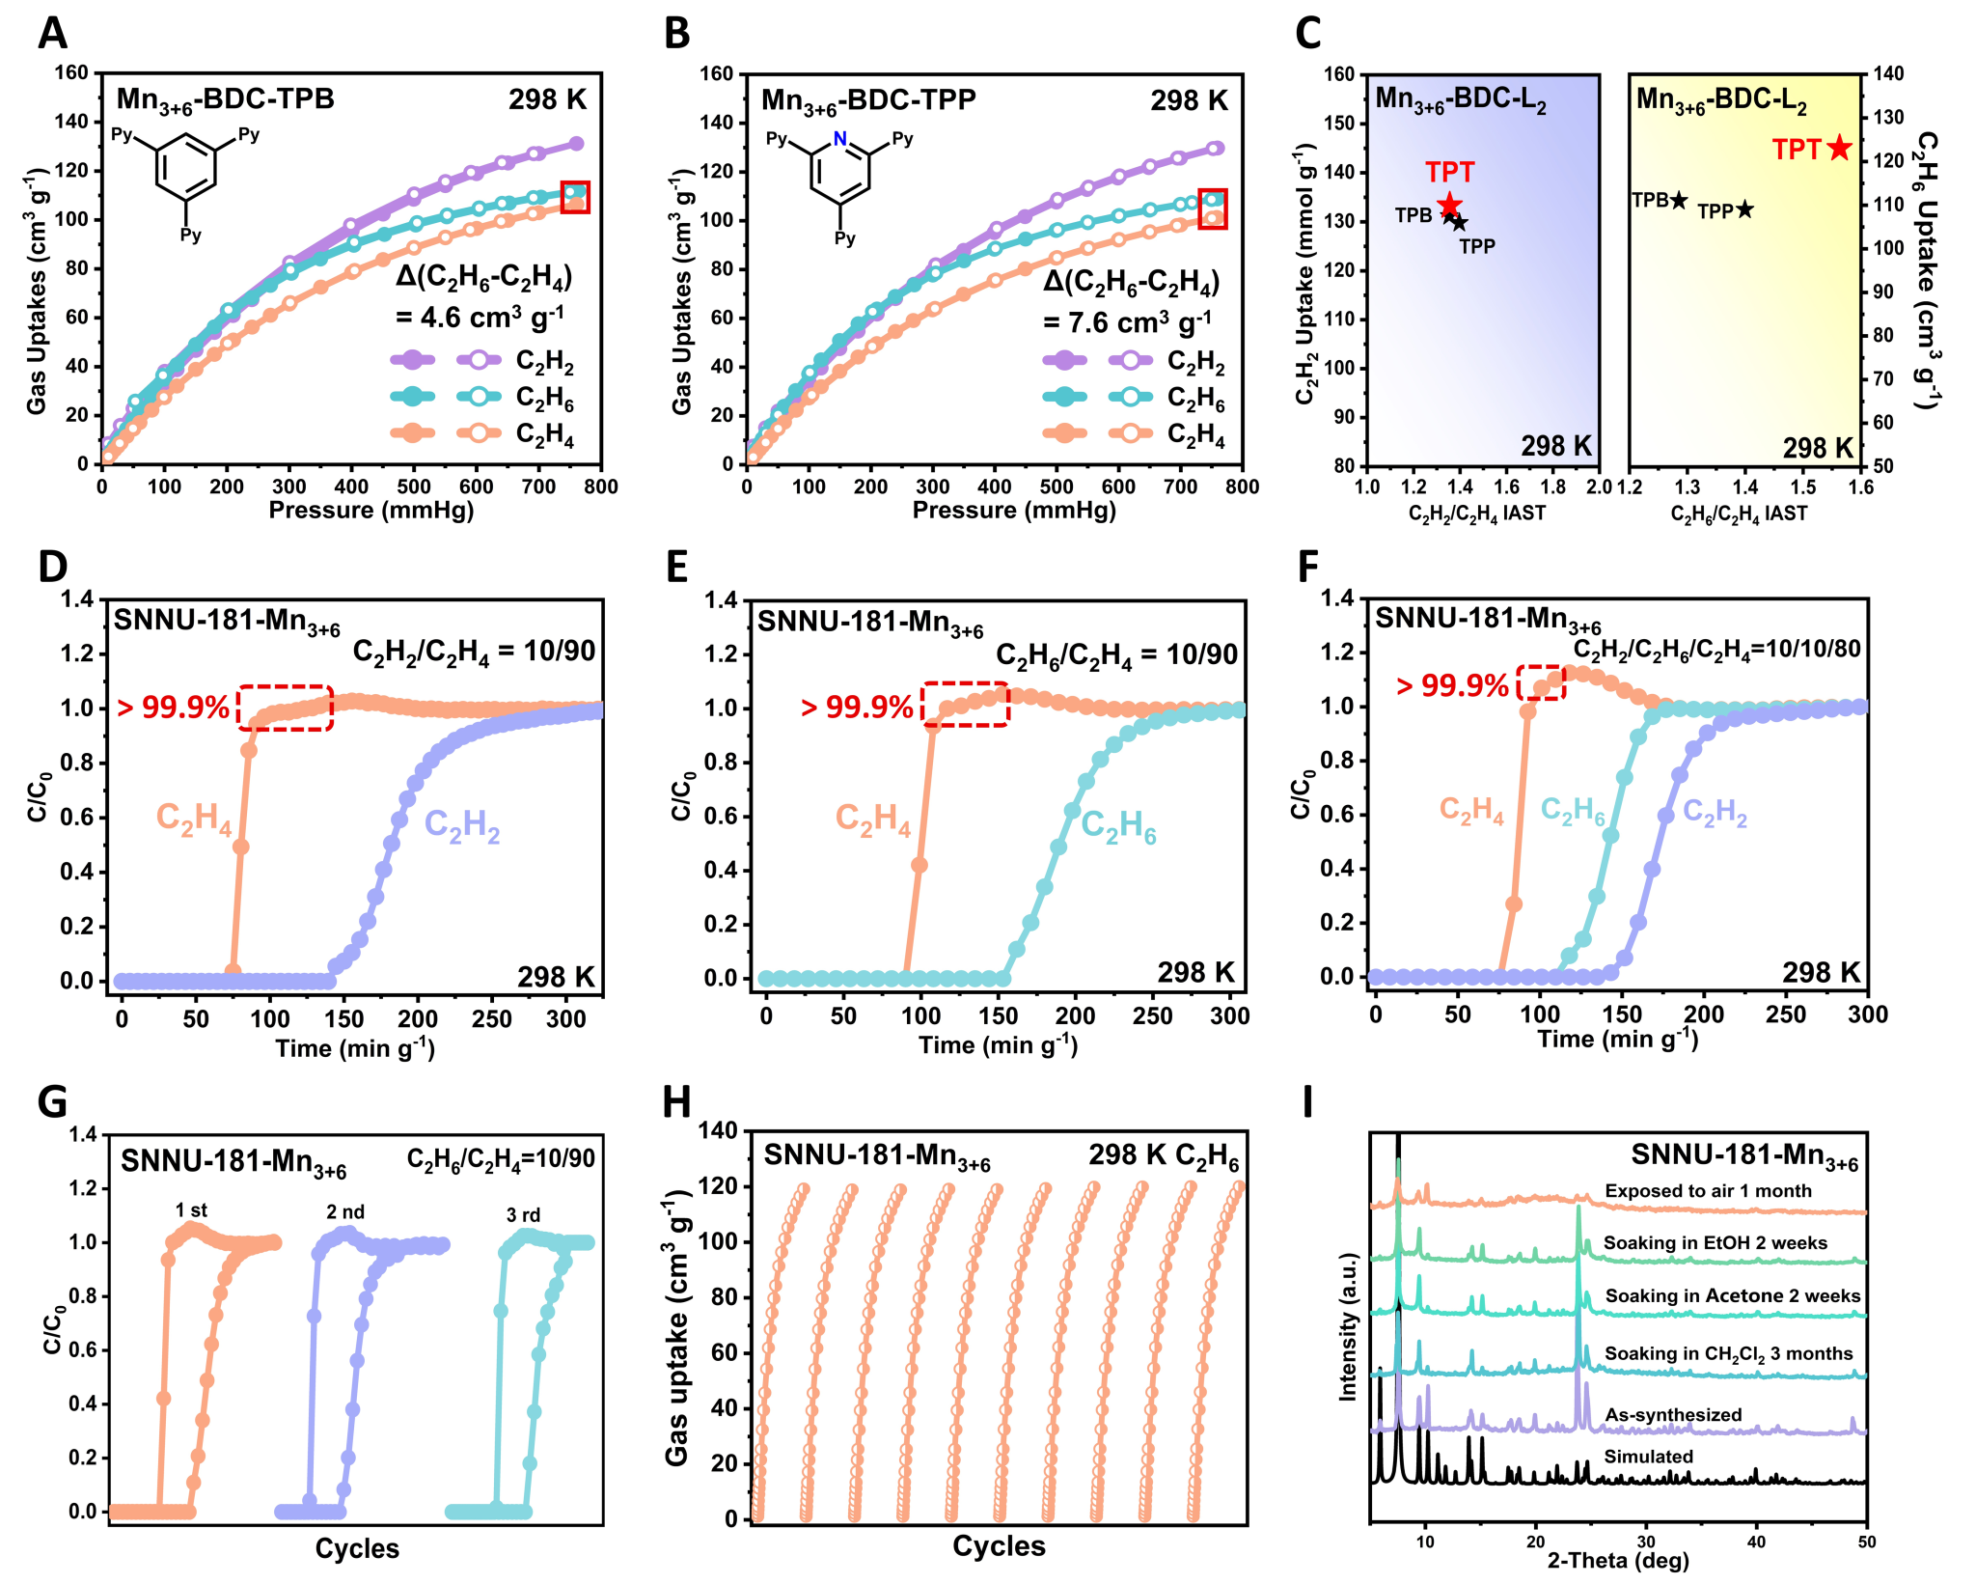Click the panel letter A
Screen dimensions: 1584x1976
pyautogui.click(x=52, y=34)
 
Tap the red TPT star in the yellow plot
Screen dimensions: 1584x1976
pyautogui.click(x=1839, y=148)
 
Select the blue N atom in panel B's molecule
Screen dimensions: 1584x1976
pyautogui.click(x=839, y=139)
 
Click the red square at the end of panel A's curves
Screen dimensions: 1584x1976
pyautogui.click(x=575, y=197)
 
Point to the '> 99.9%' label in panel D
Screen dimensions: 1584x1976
pyautogui.click(x=174, y=708)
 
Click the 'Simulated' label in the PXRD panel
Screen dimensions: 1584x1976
pyautogui.click(x=1648, y=1457)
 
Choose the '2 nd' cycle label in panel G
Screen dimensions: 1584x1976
pyautogui.click(x=345, y=1212)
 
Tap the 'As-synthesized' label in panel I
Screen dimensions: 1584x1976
pyautogui.click(x=1673, y=1415)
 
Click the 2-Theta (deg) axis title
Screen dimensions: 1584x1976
pyautogui.click(x=1618, y=1561)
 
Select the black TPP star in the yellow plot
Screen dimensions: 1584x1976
pyautogui.click(x=1744, y=208)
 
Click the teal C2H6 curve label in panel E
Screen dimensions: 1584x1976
pyautogui.click(x=1118, y=827)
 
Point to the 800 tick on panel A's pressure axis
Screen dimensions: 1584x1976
pyautogui.click(x=601, y=486)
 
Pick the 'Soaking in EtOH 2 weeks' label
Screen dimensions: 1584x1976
pyautogui.click(x=1715, y=1243)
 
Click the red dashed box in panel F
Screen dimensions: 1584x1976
pyautogui.click(x=1541, y=682)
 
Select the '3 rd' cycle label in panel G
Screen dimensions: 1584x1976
pyautogui.click(x=524, y=1215)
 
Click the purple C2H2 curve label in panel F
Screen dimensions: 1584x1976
pyautogui.click(x=1715, y=813)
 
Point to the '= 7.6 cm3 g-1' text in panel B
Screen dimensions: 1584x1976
pyautogui.click(x=1127, y=321)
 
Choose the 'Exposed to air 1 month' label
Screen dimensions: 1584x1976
pyautogui.click(x=1708, y=1191)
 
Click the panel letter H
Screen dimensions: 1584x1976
pyautogui.click(x=677, y=1102)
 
